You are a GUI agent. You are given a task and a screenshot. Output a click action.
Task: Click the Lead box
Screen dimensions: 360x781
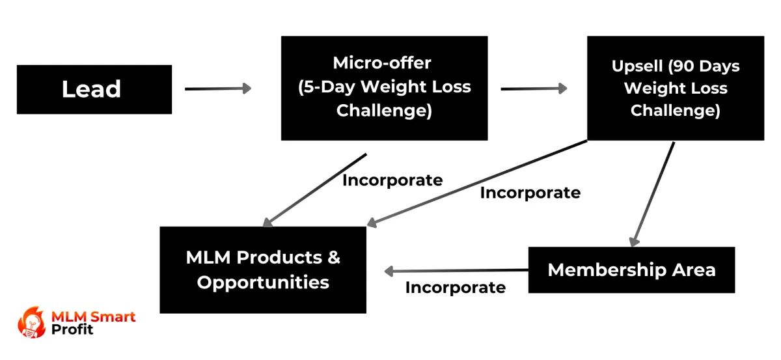pyautogui.click(x=94, y=89)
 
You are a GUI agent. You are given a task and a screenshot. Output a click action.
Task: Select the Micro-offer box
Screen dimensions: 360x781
pyautogui.click(x=384, y=88)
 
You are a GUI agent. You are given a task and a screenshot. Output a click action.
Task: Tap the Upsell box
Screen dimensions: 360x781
pyautogui.click(x=676, y=88)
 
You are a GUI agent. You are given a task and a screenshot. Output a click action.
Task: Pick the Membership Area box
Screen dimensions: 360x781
pyautogui.click(x=631, y=270)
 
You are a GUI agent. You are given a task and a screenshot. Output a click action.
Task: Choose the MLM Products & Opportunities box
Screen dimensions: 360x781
pyautogui.click(x=263, y=270)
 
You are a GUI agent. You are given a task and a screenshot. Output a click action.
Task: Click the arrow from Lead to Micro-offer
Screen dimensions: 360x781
pyautogui.click(x=218, y=89)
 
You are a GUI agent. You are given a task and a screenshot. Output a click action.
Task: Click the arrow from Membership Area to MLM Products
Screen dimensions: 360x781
pyautogui.click(x=456, y=271)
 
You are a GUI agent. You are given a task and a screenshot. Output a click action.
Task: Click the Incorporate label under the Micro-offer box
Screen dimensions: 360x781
pyautogui.click(x=392, y=180)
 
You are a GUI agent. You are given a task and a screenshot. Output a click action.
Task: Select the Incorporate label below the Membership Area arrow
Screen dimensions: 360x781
pyautogui.click(x=456, y=287)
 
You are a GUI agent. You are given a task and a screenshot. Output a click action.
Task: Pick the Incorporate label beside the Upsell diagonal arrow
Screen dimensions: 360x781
pyautogui.click(x=530, y=193)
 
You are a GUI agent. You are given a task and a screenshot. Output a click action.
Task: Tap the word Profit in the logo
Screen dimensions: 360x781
pyautogui.click(x=72, y=329)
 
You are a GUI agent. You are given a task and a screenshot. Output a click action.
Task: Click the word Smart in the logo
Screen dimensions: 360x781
pyautogui.click(x=111, y=317)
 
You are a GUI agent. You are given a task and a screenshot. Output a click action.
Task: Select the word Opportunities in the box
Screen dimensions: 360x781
pyautogui.click(x=263, y=283)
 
